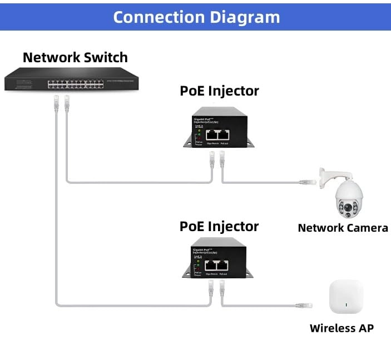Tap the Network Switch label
click(x=75, y=57)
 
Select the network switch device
click(x=72, y=80)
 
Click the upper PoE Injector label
click(x=219, y=91)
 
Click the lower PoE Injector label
click(x=219, y=226)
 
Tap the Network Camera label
click(x=343, y=227)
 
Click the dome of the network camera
click(x=348, y=199)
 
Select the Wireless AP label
click(x=341, y=328)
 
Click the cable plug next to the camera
click(x=308, y=181)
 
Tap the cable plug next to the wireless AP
click(x=305, y=306)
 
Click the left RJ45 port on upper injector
click(x=212, y=134)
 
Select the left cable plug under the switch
click(x=56, y=102)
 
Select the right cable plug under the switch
click(x=67, y=102)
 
